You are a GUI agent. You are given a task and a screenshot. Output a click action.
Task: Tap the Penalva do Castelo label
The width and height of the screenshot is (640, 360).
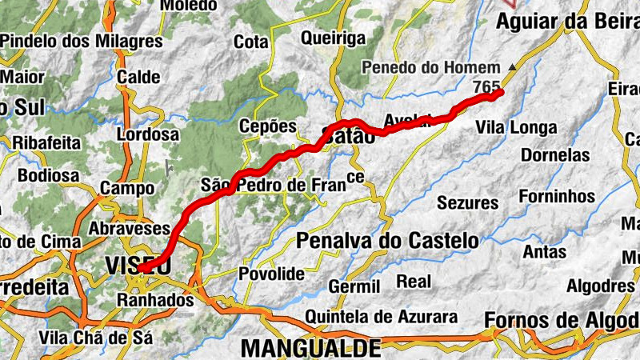point(387,240)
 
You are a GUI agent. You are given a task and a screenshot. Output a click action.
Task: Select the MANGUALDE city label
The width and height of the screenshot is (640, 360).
point(310,348)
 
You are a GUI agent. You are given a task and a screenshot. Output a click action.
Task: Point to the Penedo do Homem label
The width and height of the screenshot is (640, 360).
point(431,68)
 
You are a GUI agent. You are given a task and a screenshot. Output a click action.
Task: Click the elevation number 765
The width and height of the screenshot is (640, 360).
point(486,86)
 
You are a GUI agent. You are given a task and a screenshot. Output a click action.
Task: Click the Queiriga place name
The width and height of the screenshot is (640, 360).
point(334,37)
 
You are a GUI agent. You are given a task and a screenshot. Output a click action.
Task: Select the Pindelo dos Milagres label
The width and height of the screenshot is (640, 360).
point(82,41)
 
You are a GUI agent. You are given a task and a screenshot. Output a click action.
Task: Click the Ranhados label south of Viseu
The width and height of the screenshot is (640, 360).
point(155,301)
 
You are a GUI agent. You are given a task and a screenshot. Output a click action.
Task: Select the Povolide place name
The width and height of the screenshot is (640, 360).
point(272,274)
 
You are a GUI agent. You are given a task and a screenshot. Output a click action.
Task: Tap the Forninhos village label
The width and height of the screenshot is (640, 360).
point(557,196)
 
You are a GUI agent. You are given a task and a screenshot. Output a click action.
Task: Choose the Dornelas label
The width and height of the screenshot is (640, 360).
point(554,155)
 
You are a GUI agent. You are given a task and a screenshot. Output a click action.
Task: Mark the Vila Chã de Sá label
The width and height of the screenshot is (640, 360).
point(96,337)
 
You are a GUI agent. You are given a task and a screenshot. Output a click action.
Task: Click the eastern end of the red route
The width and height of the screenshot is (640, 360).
point(500,93)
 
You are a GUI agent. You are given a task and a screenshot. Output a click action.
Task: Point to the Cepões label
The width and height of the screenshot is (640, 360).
point(268,126)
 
